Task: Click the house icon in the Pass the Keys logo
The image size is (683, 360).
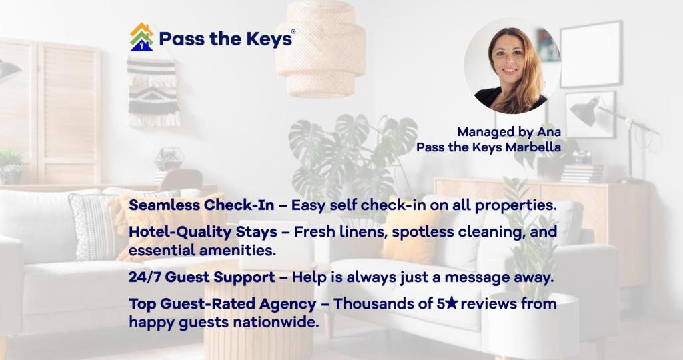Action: click(x=141, y=37)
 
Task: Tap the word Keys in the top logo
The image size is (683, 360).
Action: click(x=269, y=39)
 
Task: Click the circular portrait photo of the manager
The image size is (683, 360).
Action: click(x=512, y=66)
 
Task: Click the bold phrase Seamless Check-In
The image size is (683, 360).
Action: click(x=201, y=205)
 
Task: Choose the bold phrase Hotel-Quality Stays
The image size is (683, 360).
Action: click(x=203, y=232)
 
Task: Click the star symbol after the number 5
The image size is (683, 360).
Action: click(x=452, y=303)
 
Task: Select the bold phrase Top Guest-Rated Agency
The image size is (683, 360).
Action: click(x=223, y=304)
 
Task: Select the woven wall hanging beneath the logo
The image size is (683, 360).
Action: click(x=153, y=92)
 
